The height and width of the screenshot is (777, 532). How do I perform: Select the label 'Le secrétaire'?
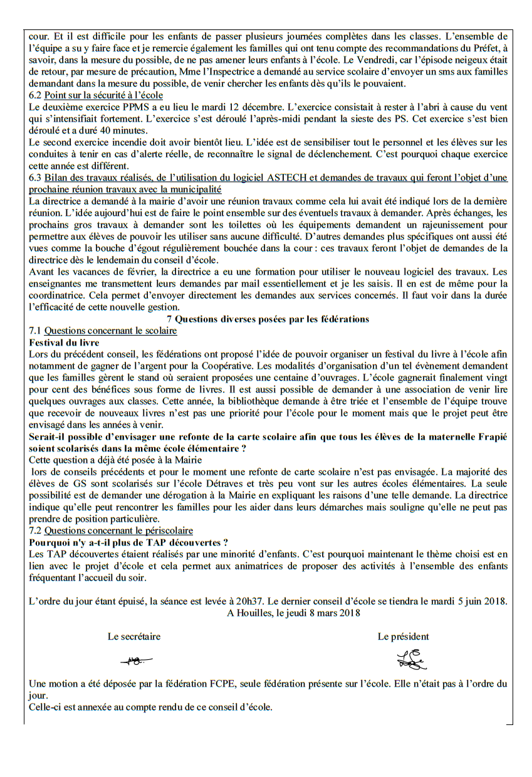click(134, 637)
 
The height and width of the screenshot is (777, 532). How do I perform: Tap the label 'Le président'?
click(403, 637)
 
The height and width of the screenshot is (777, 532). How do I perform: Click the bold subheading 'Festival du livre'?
click(64, 342)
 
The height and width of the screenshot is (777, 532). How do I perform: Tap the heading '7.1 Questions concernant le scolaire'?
click(103, 331)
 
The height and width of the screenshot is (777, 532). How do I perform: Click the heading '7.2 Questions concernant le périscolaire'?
click(111, 531)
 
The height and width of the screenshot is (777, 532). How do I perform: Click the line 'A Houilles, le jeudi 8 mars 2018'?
click(293, 613)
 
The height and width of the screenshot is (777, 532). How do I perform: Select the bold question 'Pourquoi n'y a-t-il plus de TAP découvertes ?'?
click(128, 542)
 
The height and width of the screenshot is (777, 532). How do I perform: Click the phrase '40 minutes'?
click(124, 130)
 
